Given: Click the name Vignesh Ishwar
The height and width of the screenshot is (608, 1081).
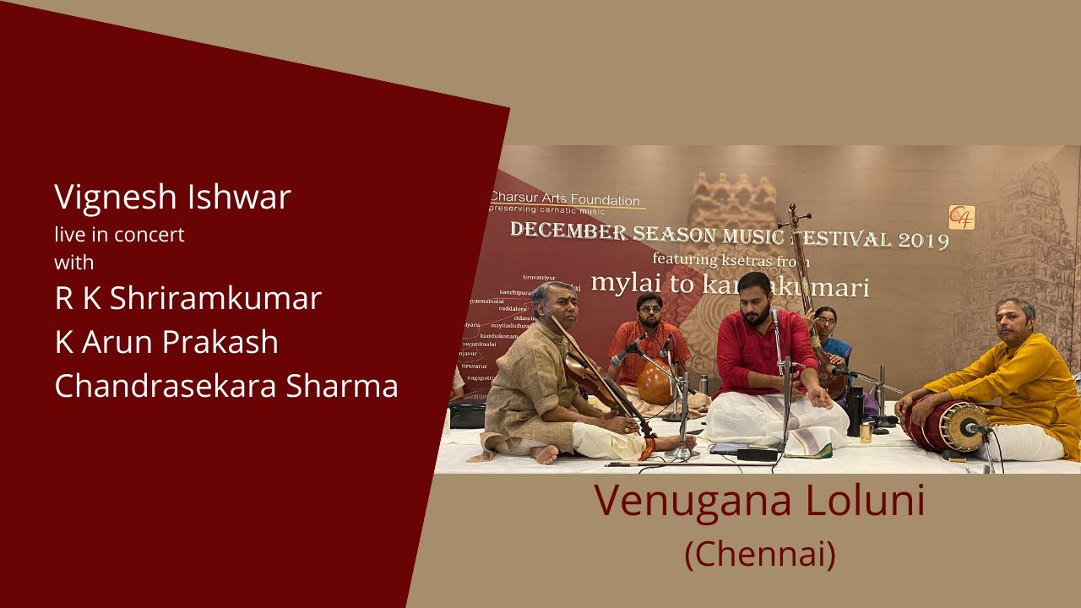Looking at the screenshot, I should coord(172,198).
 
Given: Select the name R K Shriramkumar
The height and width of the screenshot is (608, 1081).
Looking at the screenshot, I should coord(187,299).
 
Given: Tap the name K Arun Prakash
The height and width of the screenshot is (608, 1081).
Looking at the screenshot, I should coord(166,342).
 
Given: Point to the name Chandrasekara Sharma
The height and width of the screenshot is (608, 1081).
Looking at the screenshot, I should coord(226,386).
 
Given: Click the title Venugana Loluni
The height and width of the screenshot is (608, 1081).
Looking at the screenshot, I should coord(760,501).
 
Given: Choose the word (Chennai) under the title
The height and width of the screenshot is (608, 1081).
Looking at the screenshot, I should coord(760,555).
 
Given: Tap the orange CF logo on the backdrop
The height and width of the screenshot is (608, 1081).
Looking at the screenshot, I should coord(961,217).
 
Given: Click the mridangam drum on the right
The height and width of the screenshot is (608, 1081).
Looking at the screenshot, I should coord(946,426).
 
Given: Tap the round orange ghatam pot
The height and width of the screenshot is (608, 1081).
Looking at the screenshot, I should coord(655,383).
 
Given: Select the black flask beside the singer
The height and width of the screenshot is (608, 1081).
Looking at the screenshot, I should coord(856,411).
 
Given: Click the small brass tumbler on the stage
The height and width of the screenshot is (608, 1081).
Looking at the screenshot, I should coord(866,432).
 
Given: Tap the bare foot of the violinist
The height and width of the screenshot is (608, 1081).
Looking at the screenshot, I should coord(545,454).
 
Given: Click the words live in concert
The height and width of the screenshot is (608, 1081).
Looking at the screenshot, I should coord(119,235).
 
